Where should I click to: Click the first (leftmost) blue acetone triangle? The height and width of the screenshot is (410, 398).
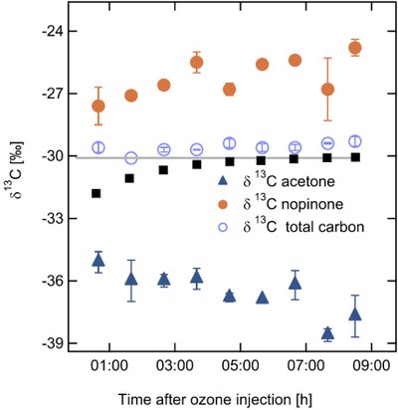(x=98, y=261)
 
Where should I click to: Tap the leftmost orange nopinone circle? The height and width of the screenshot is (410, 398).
(x=98, y=105)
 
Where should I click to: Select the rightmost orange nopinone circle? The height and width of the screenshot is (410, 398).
(x=355, y=48)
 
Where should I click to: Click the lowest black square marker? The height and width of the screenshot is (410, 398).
(x=97, y=193)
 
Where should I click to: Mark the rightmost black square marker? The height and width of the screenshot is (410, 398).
(x=355, y=157)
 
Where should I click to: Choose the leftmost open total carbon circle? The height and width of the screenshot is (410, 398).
(x=98, y=147)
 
